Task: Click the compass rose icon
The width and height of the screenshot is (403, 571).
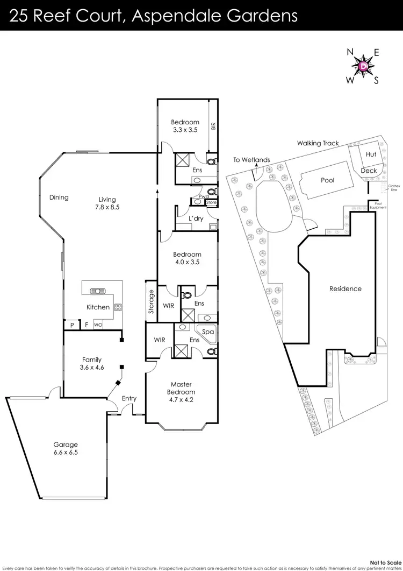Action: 363,66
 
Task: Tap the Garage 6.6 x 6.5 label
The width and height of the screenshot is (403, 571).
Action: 66,448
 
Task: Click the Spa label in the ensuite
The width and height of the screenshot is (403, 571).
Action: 208,332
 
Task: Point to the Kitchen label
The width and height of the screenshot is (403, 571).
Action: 98,307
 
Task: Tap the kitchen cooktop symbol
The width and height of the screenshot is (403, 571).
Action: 118,308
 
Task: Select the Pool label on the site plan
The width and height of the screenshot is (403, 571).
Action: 327,180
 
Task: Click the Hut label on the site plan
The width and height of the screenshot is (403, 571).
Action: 371,154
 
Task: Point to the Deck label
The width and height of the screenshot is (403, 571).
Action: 369,171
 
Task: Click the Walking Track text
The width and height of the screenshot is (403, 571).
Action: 318,143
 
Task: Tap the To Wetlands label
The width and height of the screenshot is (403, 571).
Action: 251,160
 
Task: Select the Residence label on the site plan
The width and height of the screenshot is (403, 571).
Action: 345,289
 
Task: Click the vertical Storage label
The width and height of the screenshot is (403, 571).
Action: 151,301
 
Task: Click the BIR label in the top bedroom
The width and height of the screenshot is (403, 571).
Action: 213,126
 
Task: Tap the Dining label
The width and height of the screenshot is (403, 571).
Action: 59,198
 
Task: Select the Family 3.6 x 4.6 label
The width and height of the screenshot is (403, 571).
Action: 91,364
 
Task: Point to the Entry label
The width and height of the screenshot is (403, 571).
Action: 129,399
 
